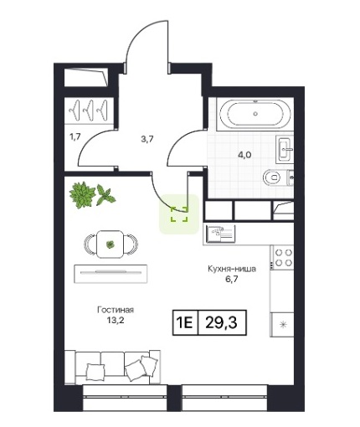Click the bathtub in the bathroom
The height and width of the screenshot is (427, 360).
255,114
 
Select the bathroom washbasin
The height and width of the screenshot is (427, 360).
285,149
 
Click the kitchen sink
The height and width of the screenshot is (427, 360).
220,234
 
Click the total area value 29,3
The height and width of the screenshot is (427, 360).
221,322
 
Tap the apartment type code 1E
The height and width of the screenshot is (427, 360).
184,322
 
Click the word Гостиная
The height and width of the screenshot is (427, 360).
116,310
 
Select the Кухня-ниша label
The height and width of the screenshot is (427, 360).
232,269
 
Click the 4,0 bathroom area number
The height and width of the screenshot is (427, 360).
244,155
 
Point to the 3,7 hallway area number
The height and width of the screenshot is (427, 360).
147,139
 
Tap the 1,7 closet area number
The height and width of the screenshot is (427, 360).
75,137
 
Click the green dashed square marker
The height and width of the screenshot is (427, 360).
179,214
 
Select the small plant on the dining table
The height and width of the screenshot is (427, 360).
111,244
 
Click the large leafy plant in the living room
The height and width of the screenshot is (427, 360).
83,195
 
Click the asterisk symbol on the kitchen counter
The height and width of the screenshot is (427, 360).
284,324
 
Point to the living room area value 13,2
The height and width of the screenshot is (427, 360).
116,320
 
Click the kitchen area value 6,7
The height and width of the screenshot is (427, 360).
232,279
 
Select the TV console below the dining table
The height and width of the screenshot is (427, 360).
111,274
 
